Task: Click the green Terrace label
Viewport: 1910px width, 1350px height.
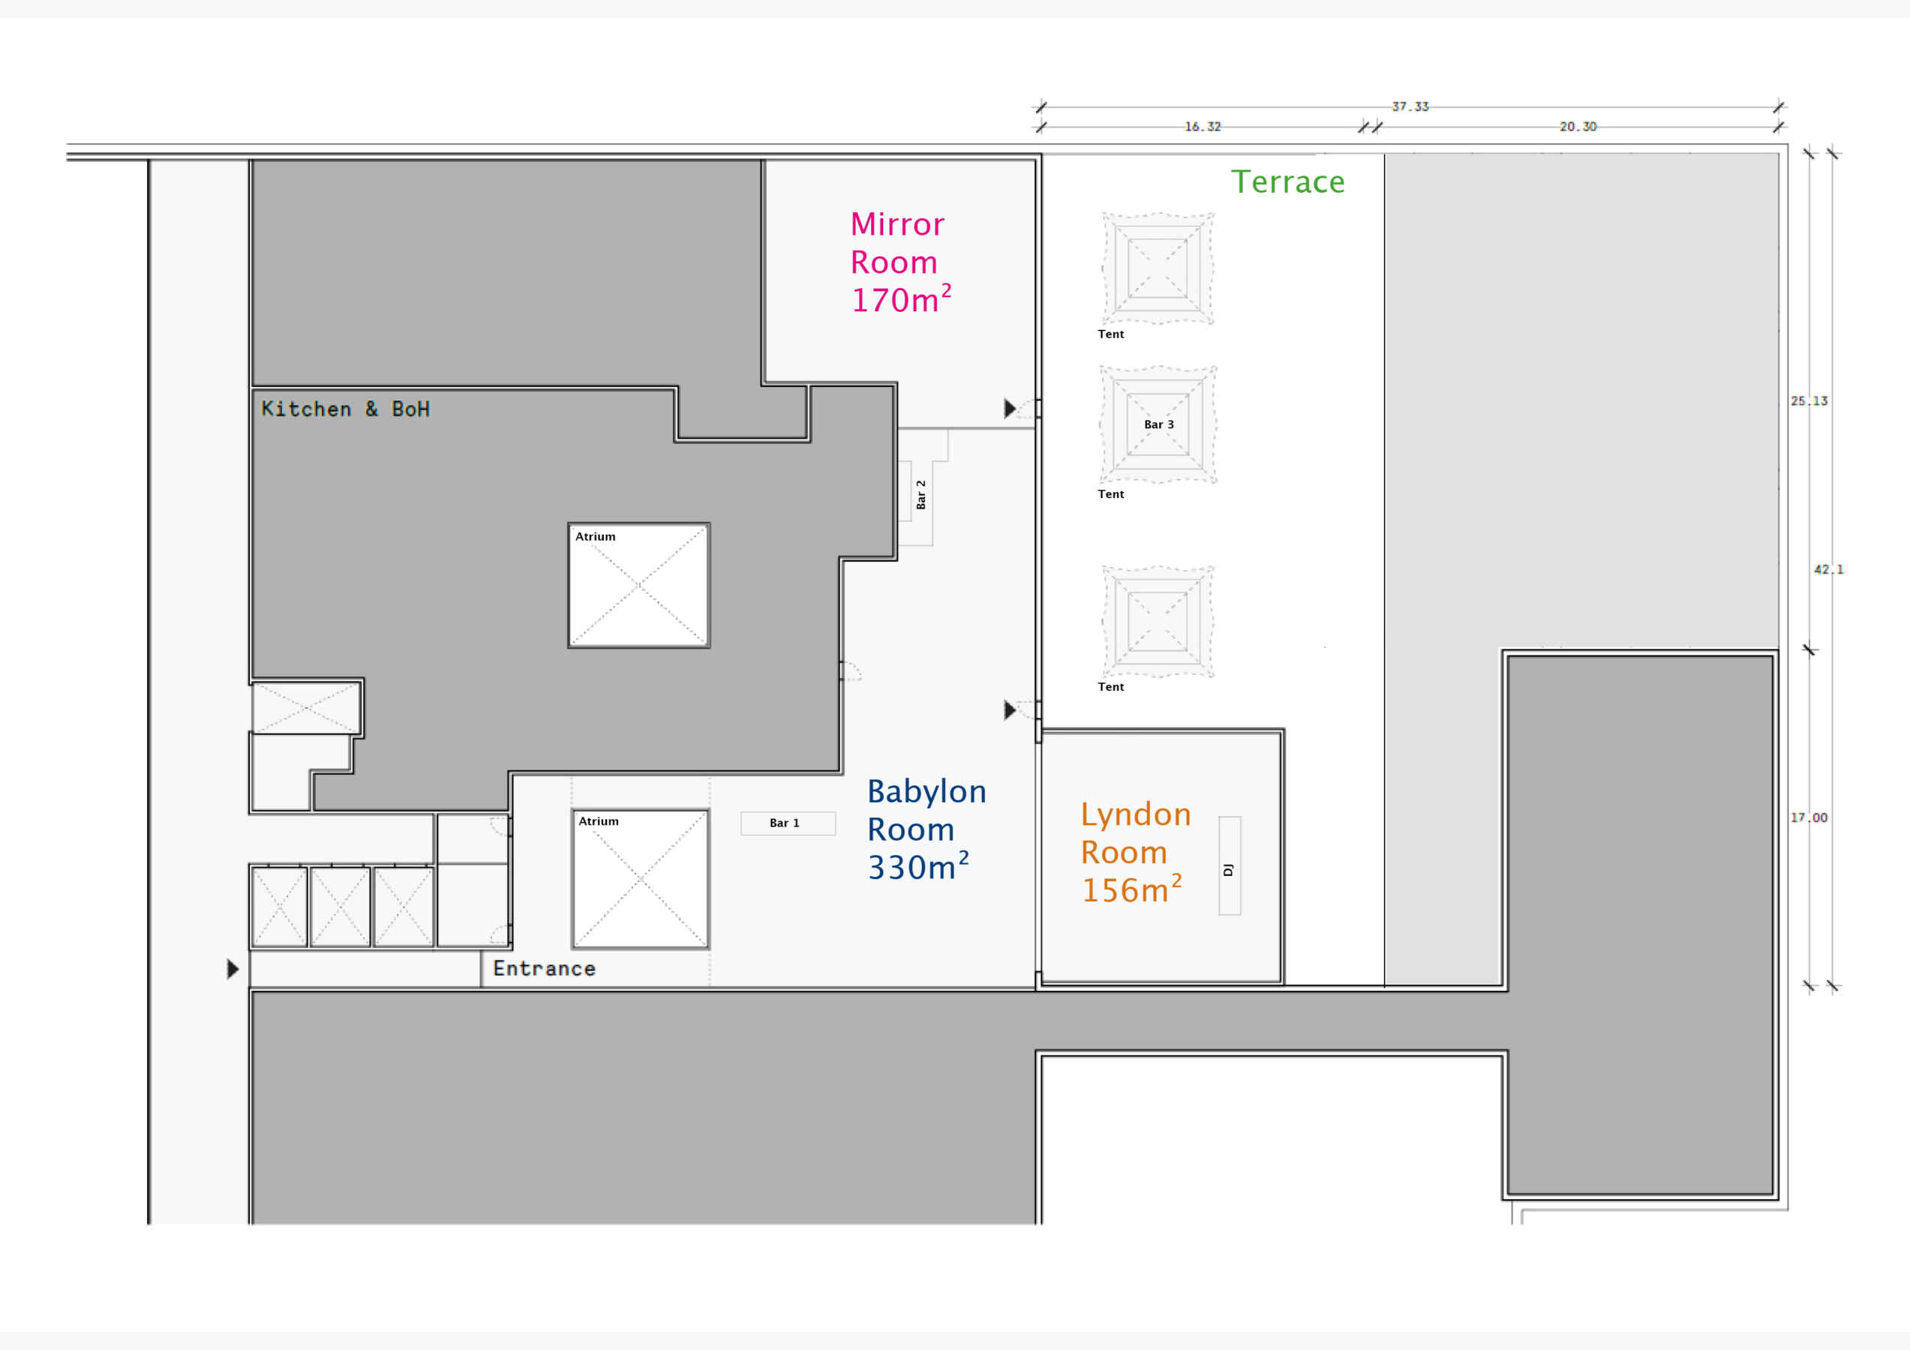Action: click(x=1288, y=181)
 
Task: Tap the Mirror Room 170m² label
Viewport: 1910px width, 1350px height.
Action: click(x=900, y=262)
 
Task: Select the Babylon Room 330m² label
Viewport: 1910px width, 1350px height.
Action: click(x=926, y=829)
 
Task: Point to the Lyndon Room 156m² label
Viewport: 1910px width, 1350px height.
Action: click(x=1136, y=852)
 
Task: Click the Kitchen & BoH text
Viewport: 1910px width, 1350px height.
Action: click(x=345, y=409)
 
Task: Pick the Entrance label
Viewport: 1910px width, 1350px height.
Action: click(x=544, y=968)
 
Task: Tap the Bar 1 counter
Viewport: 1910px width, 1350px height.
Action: click(x=788, y=823)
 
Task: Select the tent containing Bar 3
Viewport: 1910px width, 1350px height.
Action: click(x=1158, y=424)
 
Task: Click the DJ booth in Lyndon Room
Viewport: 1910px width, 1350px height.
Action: click(x=1230, y=866)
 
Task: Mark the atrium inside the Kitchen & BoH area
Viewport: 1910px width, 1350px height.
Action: click(x=639, y=585)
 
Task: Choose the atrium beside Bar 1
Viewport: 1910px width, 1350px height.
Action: click(x=641, y=878)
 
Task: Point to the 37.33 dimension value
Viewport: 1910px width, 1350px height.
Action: click(x=1410, y=106)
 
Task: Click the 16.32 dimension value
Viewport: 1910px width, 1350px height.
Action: click(x=1203, y=127)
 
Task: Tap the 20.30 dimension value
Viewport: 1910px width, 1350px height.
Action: click(x=1578, y=127)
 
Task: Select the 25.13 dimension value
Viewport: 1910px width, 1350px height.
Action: click(x=1809, y=401)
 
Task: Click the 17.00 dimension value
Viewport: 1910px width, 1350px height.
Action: click(x=1809, y=817)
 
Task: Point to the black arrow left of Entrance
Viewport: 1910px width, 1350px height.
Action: click(x=233, y=969)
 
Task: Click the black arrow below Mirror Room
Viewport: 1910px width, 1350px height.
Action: click(x=1010, y=409)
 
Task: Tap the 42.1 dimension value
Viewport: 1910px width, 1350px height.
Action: click(x=1828, y=570)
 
